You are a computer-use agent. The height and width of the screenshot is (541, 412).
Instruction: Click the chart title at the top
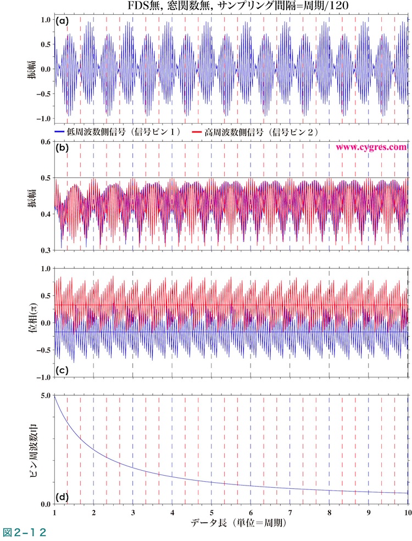(x=231, y=7)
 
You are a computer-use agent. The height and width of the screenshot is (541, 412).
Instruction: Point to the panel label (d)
(x=62, y=497)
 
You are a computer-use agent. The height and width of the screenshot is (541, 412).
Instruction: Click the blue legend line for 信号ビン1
(x=60, y=132)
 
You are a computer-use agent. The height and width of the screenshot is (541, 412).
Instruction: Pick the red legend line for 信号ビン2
(x=197, y=132)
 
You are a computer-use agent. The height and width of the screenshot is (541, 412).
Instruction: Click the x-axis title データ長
(x=230, y=522)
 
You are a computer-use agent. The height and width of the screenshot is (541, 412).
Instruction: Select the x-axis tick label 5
(x=211, y=512)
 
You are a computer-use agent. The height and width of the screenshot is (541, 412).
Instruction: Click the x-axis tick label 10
(x=407, y=512)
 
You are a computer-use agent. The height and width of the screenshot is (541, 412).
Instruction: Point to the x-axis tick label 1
(x=54, y=512)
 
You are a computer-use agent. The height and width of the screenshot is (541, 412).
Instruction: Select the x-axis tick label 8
(x=329, y=512)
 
